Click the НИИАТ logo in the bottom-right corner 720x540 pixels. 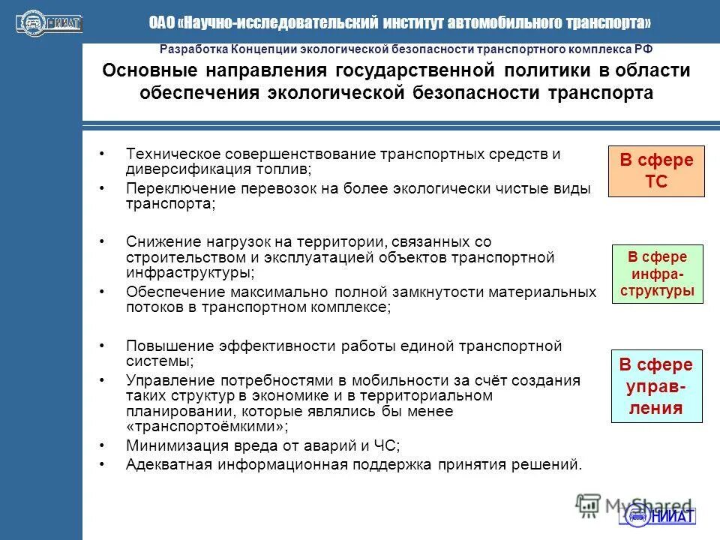(x=658, y=515)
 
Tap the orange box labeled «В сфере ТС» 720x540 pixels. (x=655, y=171)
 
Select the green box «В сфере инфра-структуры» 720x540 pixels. (x=658, y=274)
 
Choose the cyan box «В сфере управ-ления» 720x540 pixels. (x=655, y=386)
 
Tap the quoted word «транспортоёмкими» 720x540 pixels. (x=206, y=427)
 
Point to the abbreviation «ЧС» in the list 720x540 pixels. (x=388, y=445)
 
